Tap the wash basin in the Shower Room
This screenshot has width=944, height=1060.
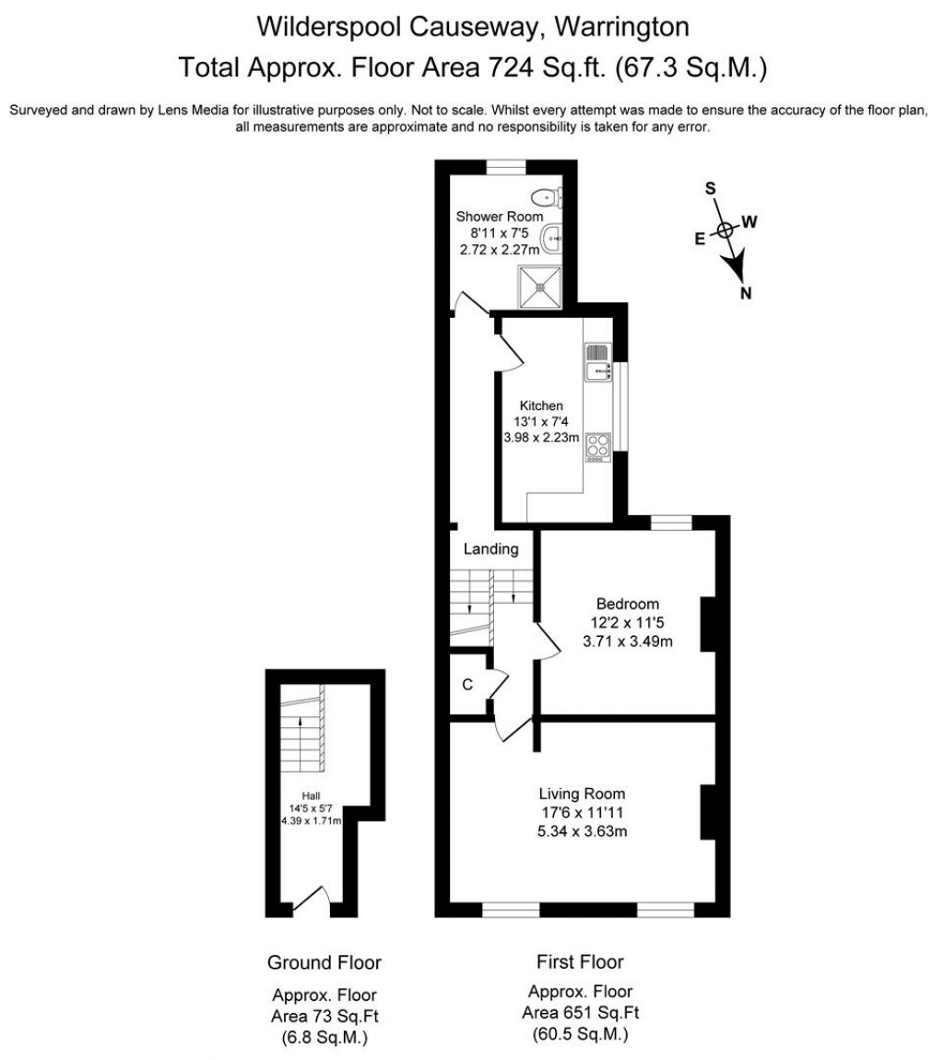click(x=551, y=239)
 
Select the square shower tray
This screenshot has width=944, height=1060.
click(x=539, y=286)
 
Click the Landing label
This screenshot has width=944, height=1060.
click(x=490, y=549)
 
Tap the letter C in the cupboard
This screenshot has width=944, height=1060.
click(x=467, y=684)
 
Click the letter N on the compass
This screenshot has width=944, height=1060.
click(x=746, y=294)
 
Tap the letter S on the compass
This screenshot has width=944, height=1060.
click(x=711, y=188)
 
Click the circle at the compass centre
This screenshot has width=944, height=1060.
click(x=726, y=230)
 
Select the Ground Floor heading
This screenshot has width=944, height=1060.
click(x=324, y=963)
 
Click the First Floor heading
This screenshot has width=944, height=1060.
click(x=580, y=962)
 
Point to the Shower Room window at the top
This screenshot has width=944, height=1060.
click(x=505, y=167)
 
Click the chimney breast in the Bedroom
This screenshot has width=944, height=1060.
click(x=709, y=624)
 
